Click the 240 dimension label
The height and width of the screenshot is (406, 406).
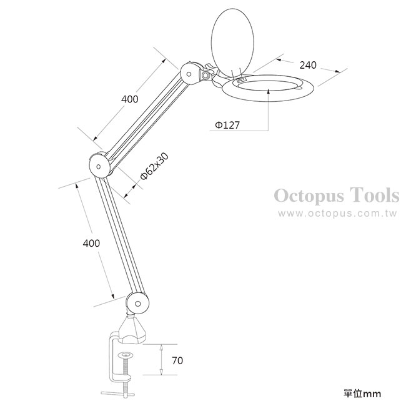(308, 65)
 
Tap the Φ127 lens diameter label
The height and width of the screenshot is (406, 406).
(227, 126)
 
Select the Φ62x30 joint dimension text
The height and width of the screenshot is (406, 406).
(154, 166)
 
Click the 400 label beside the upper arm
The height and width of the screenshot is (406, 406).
(130, 99)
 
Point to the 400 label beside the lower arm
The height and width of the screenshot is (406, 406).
(91, 244)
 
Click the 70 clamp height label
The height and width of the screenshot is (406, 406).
(177, 360)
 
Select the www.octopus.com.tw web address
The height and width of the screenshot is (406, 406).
(337, 214)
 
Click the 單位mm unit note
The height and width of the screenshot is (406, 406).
(362, 394)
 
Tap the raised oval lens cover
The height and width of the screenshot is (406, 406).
(232, 43)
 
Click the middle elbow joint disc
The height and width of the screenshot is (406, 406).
(99, 166)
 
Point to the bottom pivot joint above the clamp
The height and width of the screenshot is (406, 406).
(138, 303)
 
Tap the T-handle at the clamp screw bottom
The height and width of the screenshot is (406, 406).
(118, 394)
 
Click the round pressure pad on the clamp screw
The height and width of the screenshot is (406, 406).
(126, 355)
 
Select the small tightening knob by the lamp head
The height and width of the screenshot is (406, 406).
(206, 76)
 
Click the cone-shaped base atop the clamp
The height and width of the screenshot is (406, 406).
(132, 330)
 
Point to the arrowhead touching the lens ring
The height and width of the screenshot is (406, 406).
(269, 91)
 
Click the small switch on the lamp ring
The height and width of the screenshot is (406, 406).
(241, 81)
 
